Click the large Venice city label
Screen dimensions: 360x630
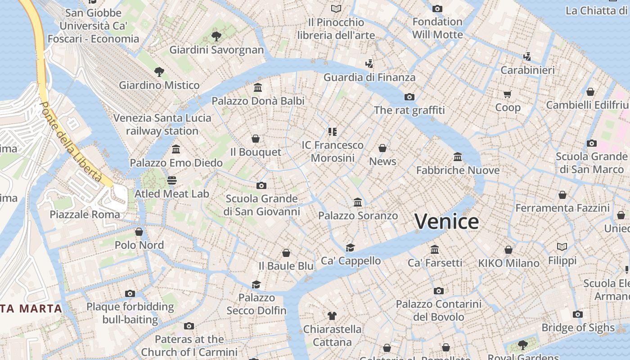446,221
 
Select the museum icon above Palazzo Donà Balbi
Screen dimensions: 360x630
258,87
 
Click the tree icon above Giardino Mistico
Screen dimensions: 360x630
159,72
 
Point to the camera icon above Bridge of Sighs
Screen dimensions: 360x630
578,314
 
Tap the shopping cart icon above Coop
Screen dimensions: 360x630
508,94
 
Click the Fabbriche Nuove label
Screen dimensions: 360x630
458,170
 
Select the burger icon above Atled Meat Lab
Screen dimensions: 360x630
171,180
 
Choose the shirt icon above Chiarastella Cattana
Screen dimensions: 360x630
332,316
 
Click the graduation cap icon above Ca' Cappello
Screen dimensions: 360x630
350,247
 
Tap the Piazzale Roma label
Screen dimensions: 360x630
85,214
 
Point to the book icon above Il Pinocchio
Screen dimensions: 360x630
336,9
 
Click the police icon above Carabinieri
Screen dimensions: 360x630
527,57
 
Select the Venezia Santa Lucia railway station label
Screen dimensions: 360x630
162,124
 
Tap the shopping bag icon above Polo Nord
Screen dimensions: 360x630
139,232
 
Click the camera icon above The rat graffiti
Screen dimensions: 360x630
409,97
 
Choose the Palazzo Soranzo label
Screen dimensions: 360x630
358,216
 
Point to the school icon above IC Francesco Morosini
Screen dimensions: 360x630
333,131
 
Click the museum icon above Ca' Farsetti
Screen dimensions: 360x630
435,249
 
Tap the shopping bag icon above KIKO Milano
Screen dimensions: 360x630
508,250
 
